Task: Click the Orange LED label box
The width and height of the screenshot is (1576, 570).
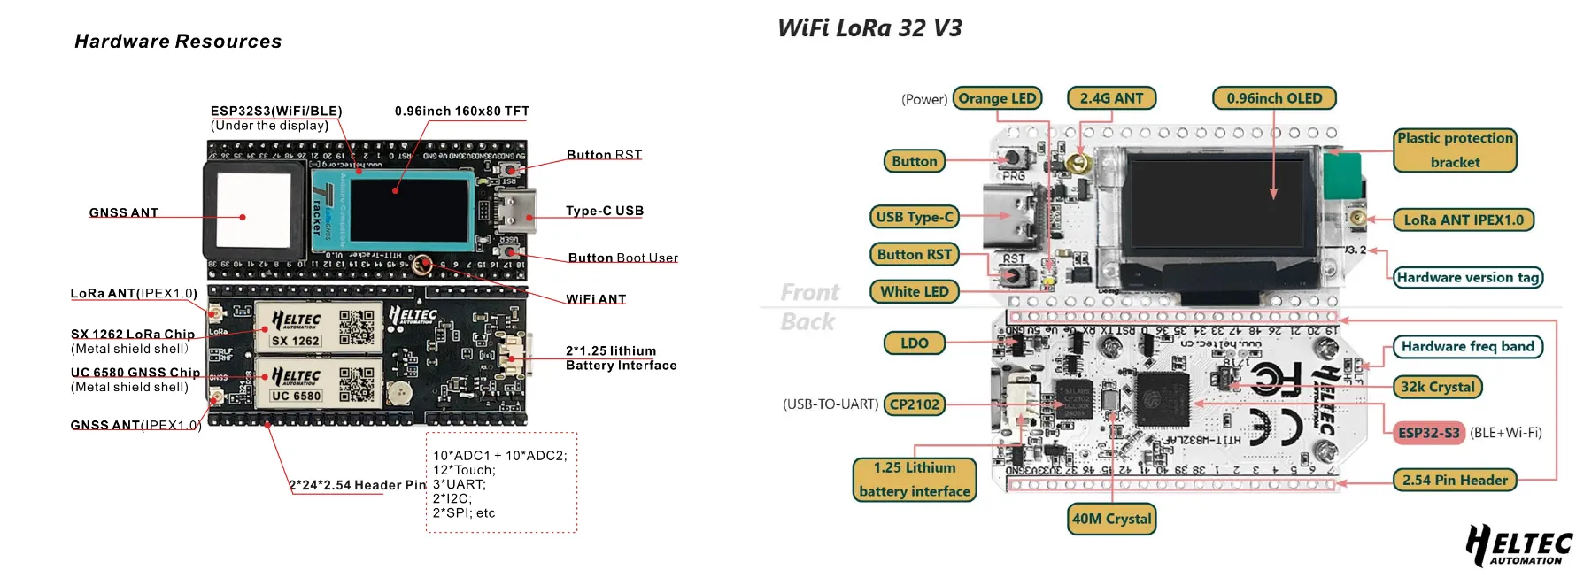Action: pyautogui.click(x=997, y=98)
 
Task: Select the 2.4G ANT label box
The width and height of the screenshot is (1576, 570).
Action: pyautogui.click(x=1111, y=98)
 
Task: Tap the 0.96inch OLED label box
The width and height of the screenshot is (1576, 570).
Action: pyautogui.click(x=1274, y=98)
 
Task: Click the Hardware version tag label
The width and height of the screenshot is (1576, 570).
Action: pyautogui.click(x=1468, y=277)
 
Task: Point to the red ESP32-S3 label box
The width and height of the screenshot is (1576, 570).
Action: pyautogui.click(x=1429, y=433)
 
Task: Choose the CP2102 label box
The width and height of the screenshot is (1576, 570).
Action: pyautogui.click(x=915, y=404)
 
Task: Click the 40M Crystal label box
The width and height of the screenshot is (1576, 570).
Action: pyautogui.click(x=1112, y=519)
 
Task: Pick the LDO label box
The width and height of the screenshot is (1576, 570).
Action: pyautogui.click(x=915, y=343)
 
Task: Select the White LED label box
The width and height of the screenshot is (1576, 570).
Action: pyautogui.click(x=915, y=291)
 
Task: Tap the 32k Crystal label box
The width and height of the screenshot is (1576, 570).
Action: pyautogui.click(x=1438, y=387)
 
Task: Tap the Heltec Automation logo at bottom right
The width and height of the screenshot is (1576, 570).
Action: pyautogui.click(x=1519, y=545)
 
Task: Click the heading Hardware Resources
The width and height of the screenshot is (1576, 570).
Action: pyautogui.click(x=178, y=42)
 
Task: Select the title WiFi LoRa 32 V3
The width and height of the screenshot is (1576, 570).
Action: pyautogui.click(x=869, y=28)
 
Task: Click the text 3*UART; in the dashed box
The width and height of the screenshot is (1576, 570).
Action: pyautogui.click(x=459, y=484)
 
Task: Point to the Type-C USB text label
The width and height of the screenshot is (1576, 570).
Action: pyautogui.click(x=605, y=211)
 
